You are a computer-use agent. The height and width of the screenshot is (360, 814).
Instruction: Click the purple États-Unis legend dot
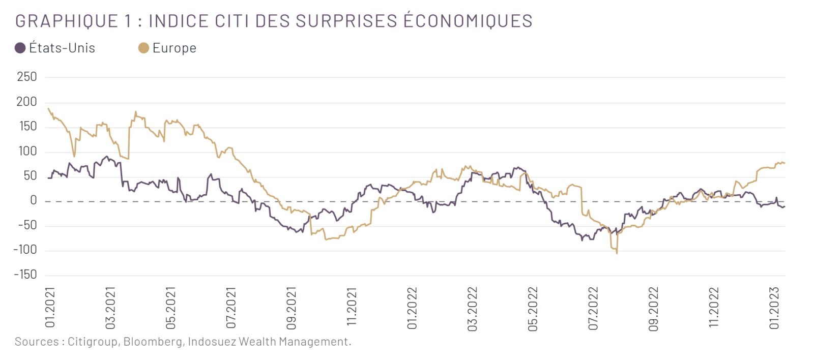point(20,48)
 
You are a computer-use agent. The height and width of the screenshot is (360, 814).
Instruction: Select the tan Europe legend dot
point(143,48)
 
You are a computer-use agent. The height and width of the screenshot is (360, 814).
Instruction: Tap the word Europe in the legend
point(174,48)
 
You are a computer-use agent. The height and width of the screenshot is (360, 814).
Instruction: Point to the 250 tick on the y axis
point(26,77)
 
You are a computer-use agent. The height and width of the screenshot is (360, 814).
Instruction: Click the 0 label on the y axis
point(34,200)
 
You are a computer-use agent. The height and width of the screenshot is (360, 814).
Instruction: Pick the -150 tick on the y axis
point(25,275)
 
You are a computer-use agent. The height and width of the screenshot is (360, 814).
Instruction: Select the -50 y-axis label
point(27,225)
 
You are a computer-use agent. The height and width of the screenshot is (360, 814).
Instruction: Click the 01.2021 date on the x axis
point(50,307)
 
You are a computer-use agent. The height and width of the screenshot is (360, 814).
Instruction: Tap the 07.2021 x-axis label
point(231,307)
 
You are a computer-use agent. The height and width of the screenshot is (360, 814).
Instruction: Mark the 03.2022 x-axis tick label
point(473,308)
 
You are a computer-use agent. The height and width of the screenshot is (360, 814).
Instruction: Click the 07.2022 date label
point(593,308)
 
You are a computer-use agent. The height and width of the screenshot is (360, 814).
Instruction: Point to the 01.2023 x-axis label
point(774,308)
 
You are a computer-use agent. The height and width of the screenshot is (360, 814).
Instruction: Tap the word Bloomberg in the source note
point(152,342)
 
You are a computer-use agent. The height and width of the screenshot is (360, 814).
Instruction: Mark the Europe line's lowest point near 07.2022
point(617,253)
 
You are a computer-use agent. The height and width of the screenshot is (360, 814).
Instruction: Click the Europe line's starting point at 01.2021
point(48,108)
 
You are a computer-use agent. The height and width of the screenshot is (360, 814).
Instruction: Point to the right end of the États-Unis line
point(784,206)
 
